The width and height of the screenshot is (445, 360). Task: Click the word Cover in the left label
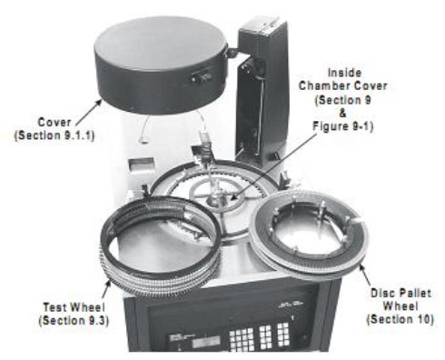(x=54, y=123)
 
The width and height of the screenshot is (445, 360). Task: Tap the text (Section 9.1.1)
(x=54, y=135)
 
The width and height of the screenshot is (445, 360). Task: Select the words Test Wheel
(x=74, y=307)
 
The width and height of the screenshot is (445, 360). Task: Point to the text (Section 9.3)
(x=74, y=320)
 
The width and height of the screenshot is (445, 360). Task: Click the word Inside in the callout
(x=344, y=73)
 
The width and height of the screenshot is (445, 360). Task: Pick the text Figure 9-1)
(x=342, y=125)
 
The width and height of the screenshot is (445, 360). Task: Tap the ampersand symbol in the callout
(x=342, y=113)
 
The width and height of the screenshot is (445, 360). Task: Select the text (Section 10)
(x=400, y=319)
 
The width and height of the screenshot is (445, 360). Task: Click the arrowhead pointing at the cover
(x=98, y=103)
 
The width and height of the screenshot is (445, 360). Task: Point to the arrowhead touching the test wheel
(x=108, y=285)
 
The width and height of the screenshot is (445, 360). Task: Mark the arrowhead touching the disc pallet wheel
(x=361, y=268)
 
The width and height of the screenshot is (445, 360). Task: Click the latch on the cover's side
(x=201, y=76)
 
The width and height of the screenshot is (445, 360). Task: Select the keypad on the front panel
(x=260, y=335)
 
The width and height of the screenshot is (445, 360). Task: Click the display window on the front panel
(x=205, y=342)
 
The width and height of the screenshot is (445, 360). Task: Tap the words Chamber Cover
(x=343, y=86)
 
